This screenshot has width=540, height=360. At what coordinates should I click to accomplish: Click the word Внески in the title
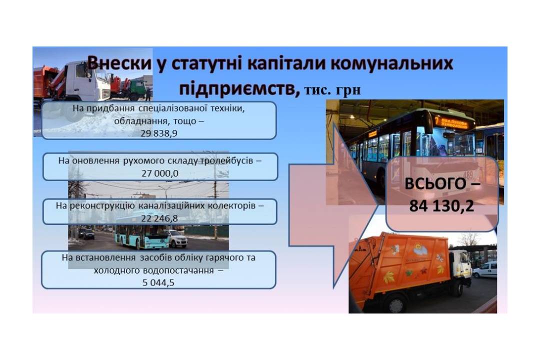click(x=119, y=63)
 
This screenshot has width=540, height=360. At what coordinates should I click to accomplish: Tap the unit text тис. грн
click(x=332, y=90)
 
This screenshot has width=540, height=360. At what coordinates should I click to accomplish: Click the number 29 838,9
click(x=159, y=133)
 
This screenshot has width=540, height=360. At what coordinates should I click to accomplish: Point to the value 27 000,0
click(x=160, y=173)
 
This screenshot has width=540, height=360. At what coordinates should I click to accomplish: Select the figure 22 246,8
click(x=159, y=218)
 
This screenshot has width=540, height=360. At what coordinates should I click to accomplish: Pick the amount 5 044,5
click(x=158, y=283)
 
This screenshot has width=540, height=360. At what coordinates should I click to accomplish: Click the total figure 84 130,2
click(x=441, y=205)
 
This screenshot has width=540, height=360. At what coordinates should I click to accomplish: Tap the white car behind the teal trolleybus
click(x=177, y=238)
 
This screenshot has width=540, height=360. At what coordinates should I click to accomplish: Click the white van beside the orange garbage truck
click(x=485, y=269)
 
